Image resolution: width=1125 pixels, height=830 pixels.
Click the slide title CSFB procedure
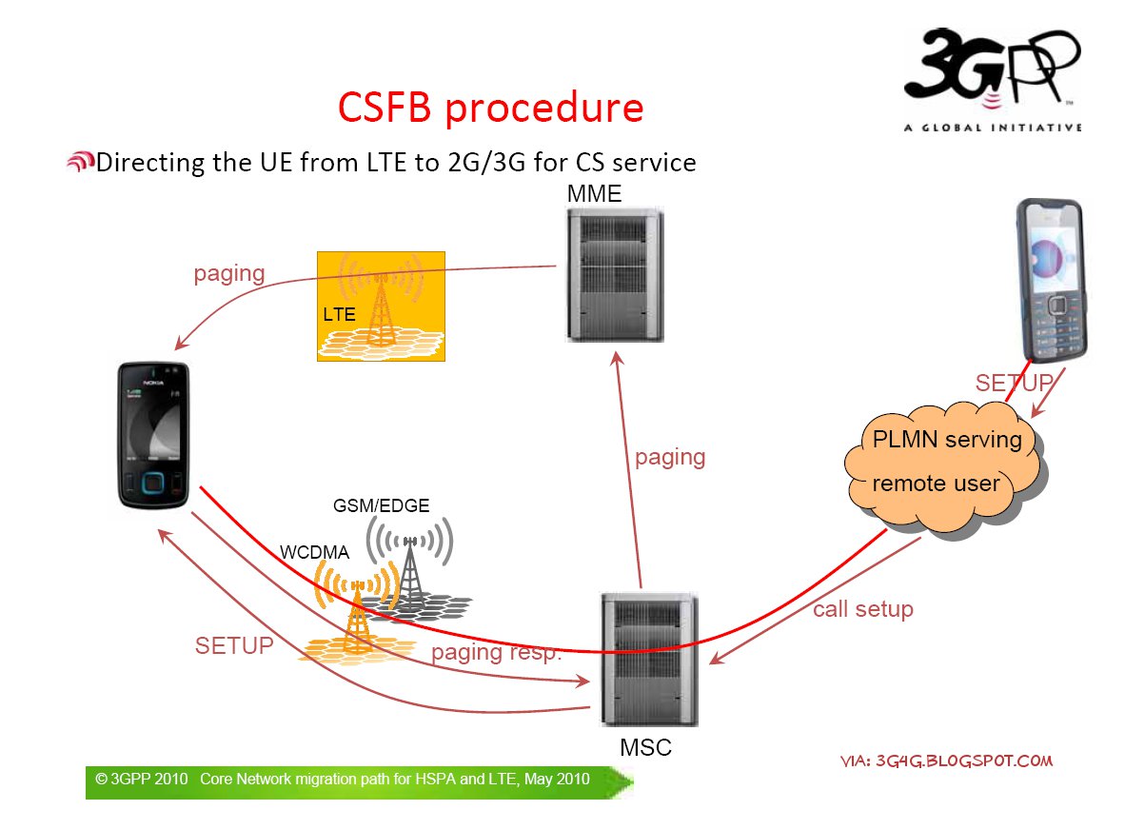coord(490,108)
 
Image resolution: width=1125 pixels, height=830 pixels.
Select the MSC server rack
coord(650,660)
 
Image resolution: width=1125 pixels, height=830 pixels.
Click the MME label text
coord(594,193)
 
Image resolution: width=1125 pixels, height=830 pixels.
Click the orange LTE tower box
coord(381,306)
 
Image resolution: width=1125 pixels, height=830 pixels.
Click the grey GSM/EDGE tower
coord(410,568)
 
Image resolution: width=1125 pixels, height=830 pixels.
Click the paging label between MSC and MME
coord(670,458)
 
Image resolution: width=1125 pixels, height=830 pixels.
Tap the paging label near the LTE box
coord(228,274)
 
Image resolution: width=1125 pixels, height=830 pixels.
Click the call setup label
coord(862,609)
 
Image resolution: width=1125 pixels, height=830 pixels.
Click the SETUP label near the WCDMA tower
coord(234,646)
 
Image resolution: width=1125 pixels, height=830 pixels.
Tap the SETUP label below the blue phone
coord(1013,384)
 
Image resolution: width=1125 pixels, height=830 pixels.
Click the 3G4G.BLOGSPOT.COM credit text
coord(947,761)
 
